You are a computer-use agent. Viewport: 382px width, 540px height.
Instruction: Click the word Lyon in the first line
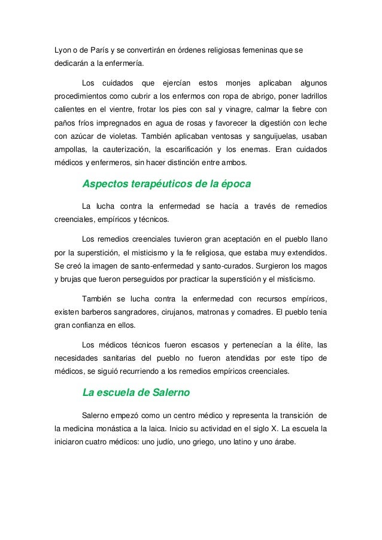click(x=63, y=48)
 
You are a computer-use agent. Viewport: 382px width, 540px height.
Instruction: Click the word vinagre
click(x=242, y=109)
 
